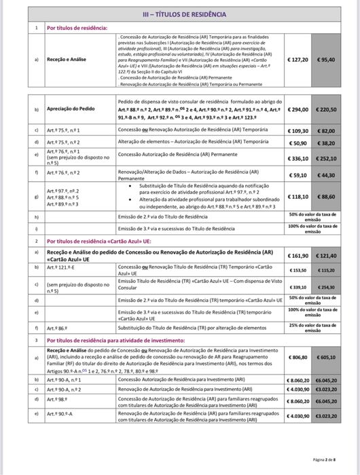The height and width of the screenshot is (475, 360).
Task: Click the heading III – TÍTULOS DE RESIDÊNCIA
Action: click(x=180, y=14)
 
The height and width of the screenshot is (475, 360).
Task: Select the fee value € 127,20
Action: click(x=299, y=60)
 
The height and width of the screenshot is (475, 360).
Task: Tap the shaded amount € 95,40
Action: click(x=327, y=60)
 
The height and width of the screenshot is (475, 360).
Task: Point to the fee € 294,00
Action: click(x=299, y=109)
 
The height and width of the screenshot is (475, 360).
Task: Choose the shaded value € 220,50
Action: click(x=327, y=109)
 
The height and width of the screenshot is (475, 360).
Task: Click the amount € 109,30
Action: click(x=299, y=130)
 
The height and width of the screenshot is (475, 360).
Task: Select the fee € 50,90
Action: click(x=299, y=143)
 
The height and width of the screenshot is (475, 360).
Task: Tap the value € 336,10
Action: click(x=299, y=158)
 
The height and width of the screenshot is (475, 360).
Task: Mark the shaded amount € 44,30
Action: click(x=327, y=175)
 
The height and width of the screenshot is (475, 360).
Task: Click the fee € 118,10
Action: click(x=299, y=196)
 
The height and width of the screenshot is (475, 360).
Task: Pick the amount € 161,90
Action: click(x=299, y=256)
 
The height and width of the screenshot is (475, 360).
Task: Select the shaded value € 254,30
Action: click(x=327, y=286)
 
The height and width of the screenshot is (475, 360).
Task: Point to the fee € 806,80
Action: click(x=299, y=356)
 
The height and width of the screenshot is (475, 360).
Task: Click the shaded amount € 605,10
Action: click(x=327, y=356)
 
